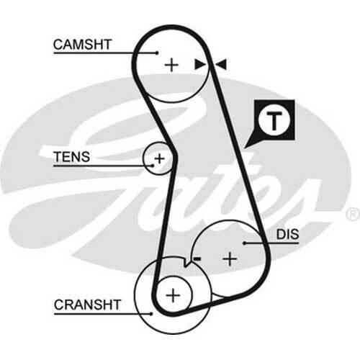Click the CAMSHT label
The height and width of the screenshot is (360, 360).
pos(82,45)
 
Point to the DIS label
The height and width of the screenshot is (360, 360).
pos(287,235)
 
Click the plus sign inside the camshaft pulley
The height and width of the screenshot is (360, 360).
pos(171,65)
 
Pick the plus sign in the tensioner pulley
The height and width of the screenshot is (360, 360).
pos(159,158)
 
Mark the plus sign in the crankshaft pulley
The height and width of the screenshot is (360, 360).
pos(173,294)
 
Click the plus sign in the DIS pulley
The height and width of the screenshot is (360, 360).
pos(229,257)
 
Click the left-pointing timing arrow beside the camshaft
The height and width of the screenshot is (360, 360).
pos(220,65)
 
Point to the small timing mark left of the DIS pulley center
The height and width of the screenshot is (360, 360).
pos(196,257)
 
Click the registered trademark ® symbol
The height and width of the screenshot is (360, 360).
pos(351,215)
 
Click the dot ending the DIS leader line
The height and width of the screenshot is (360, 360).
pos(246,243)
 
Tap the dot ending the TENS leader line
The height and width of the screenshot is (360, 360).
pos(152,166)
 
